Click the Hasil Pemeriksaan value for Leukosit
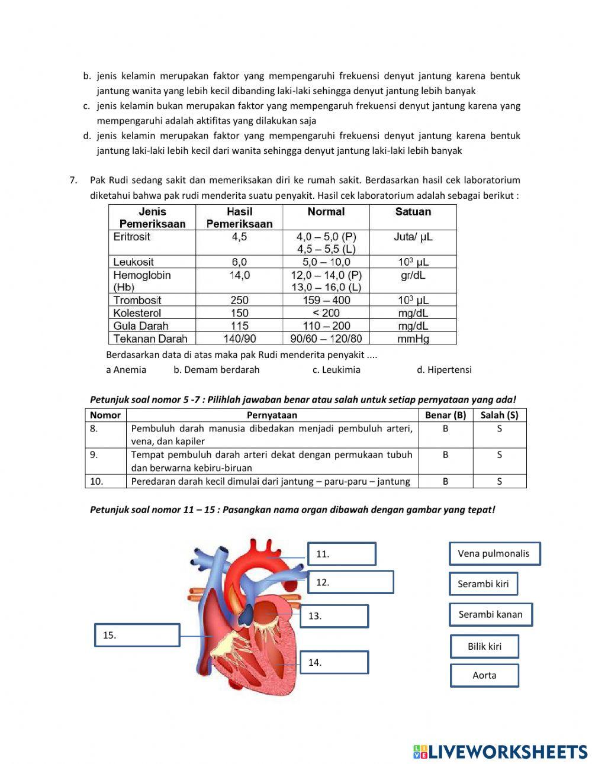pos(239,262)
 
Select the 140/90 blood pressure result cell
pos(239,339)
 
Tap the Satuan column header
pos(413,212)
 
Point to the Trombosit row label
pos(137,300)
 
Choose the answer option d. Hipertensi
pos(444,370)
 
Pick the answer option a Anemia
pos(126,370)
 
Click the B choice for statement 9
pos(445,455)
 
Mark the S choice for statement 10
pos(499,482)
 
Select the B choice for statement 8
pos(445,428)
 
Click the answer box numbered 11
pos(342,554)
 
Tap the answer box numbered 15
pos(137,635)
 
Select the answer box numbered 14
pos(334,662)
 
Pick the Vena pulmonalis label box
pos(494,554)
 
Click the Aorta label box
pos(484,675)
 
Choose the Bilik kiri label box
pos(484,646)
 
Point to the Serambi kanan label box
pos(490,614)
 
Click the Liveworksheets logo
pos(500,752)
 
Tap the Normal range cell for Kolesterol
pos(326,313)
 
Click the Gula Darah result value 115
pos(239,326)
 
